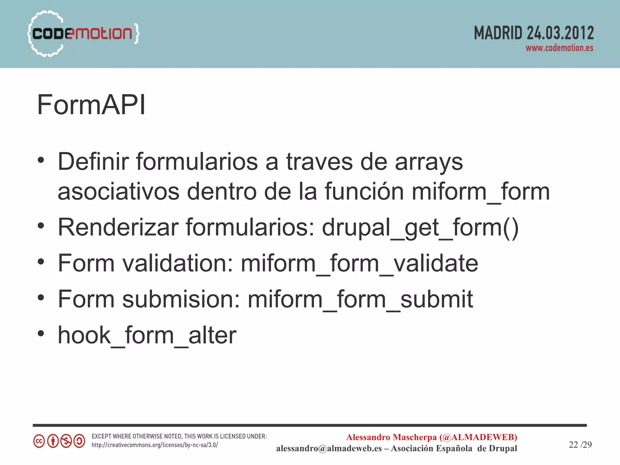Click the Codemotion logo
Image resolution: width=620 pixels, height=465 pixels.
pos(83,33)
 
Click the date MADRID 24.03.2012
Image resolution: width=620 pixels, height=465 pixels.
pos(533,33)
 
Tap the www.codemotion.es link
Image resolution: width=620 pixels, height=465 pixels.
pos(559,48)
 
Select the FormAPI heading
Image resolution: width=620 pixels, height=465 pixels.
pos(91,105)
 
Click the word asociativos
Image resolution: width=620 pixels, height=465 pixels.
pos(118,192)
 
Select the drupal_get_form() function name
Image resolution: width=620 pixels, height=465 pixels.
pos(420,228)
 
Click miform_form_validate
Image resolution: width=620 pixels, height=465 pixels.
pos(359,263)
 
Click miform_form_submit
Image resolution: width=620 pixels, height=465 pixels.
pos(360,299)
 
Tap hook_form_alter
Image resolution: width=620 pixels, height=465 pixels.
pos(147,335)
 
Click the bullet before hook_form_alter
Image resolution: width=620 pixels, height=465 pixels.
pos(41,334)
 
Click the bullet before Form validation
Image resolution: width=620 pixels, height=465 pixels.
pos(41,262)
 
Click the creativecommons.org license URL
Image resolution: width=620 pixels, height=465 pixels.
pos(155,445)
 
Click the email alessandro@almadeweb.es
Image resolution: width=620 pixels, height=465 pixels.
pos(329,448)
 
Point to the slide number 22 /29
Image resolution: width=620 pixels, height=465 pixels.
pos(580,444)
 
